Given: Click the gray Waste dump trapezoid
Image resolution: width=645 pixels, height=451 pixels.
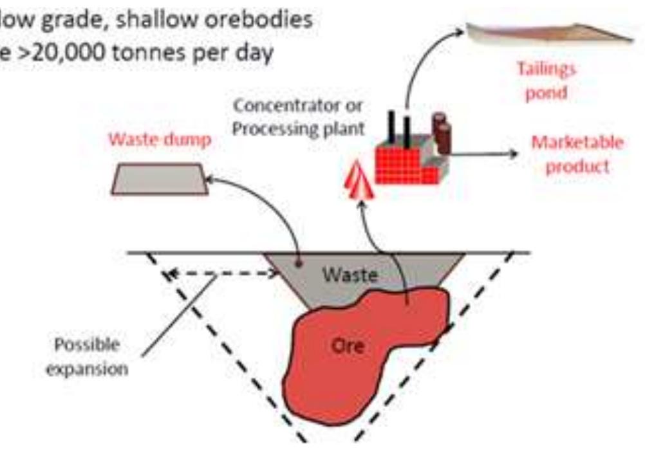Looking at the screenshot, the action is coord(160,179).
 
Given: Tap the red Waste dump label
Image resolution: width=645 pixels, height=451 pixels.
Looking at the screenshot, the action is coord(160,140).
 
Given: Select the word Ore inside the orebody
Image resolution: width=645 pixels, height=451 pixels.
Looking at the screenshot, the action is coord(348,346).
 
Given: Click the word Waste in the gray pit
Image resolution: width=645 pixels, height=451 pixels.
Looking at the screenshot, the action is coord(350,274).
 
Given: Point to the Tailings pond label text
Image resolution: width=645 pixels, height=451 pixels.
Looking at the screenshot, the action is coord(547,80).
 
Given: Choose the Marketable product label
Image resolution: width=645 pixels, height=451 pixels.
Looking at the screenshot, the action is coord(577,154).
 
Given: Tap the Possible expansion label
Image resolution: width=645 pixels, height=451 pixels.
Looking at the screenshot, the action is coord(87,356).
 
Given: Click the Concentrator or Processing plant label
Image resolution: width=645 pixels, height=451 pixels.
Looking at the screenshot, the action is coord(298,118).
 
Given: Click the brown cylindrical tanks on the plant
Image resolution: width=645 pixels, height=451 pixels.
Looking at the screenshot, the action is coord(441,131).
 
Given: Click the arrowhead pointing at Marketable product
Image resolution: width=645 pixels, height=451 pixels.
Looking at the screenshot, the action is coord(512,154).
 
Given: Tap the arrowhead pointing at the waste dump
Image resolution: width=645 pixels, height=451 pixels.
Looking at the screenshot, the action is coord(210,179).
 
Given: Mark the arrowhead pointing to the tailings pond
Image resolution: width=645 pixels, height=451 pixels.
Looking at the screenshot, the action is coord(459,32).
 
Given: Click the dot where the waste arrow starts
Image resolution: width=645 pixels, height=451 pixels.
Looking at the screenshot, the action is coord(299,263).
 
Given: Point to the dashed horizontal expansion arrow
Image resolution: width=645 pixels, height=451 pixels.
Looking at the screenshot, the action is coord(221,273).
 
